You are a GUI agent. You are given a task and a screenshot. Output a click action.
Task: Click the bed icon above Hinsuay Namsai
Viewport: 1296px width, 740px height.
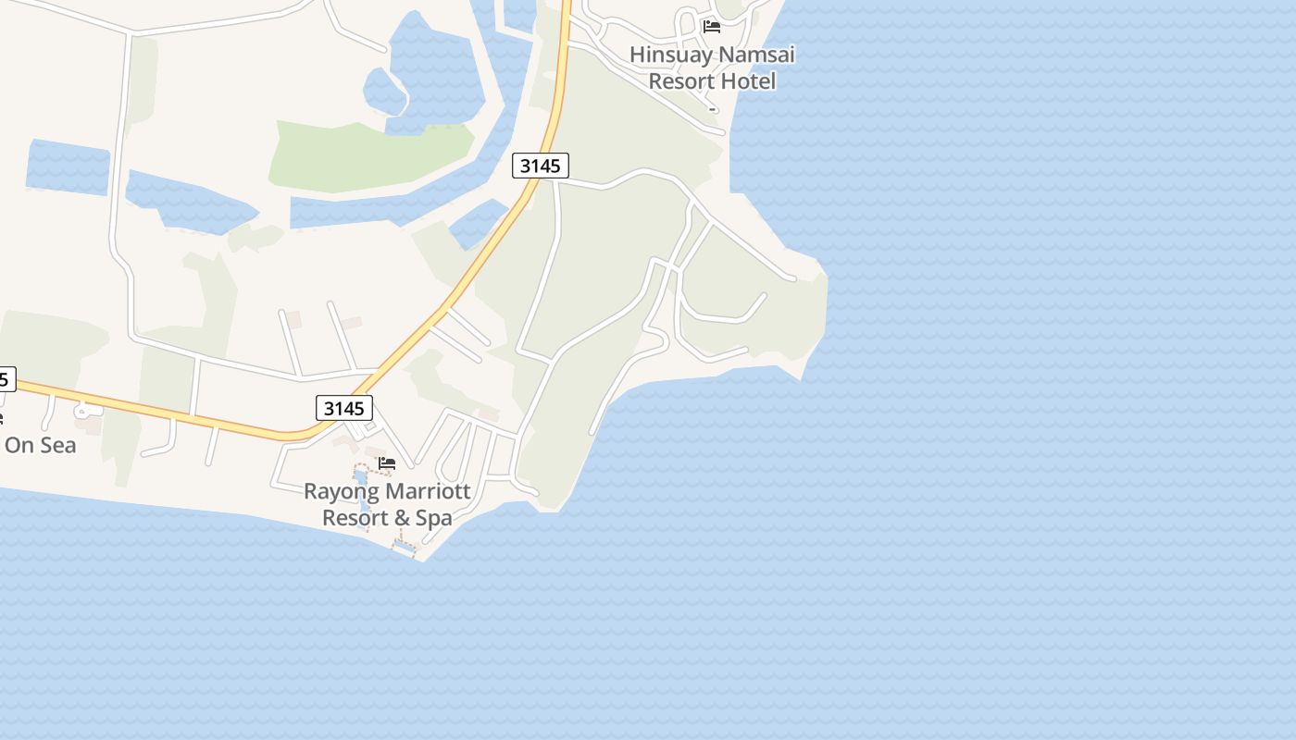click(711, 26)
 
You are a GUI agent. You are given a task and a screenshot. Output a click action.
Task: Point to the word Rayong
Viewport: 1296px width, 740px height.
click(341, 492)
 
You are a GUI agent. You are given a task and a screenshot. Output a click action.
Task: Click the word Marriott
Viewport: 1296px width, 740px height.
click(428, 491)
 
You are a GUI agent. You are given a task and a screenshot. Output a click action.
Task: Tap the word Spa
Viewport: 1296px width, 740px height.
click(434, 518)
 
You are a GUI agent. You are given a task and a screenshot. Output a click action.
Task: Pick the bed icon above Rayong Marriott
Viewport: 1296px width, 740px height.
click(387, 462)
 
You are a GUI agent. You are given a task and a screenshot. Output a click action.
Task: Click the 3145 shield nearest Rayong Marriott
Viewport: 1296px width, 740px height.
click(344, 408)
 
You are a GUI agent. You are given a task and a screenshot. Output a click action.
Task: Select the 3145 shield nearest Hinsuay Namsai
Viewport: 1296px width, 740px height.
click(541, 166)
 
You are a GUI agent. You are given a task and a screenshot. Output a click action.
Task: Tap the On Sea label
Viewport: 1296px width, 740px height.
click(40, 445)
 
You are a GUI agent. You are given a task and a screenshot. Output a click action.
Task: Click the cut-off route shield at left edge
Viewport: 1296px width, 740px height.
click(6, 378)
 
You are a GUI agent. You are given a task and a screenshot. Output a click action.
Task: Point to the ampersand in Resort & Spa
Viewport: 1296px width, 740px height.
click(403, 518)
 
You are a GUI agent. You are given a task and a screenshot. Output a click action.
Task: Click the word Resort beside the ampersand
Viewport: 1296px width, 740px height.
click(356, 518)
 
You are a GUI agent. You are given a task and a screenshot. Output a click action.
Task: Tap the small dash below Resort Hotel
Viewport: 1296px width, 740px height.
click(712, 109)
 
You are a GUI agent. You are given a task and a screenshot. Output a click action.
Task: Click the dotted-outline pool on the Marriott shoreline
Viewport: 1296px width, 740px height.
click(404, 548)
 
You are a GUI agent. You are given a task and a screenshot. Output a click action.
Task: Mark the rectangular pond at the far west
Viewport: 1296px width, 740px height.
click(68, 167)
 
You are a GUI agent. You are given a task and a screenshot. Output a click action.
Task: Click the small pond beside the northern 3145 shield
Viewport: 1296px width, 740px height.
click(478, 223)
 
